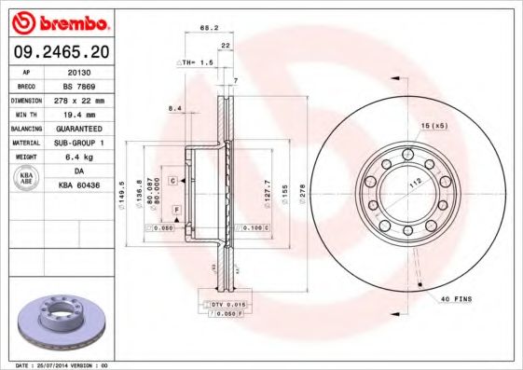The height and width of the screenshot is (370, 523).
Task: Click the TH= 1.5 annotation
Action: pos(196,62)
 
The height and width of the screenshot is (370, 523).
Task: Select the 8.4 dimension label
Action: pos(173,109)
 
